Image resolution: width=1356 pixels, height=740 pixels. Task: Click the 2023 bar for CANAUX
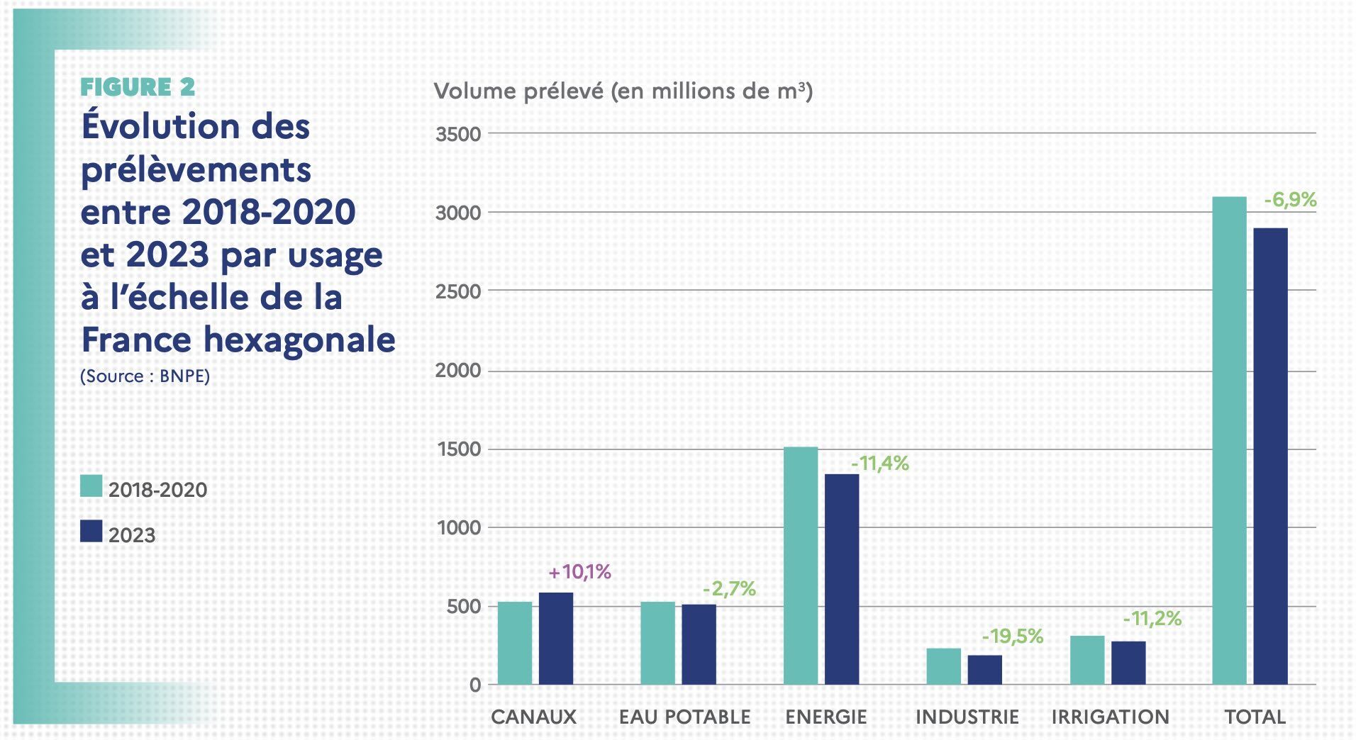pyautogui.click(x=556, y=638)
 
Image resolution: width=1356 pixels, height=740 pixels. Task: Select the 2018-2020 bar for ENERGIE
pyautogui.click(x=801, y=566)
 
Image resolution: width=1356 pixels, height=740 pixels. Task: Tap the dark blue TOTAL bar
pyautogui.click(x=1270, y=456)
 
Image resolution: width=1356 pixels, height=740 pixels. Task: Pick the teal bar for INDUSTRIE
pyautogui.click(x=944, y=666)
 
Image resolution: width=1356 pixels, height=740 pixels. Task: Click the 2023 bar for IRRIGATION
pyautogui.click(x=1128, y=663)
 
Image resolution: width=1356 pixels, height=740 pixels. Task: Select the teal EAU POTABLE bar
pyautogui.click(x=657, y=643)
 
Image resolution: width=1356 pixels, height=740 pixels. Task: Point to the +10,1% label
pyautogui.click(x=580, y=572)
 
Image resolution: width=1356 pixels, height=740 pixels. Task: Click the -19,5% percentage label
pyautogui.click(x=1012, y=637)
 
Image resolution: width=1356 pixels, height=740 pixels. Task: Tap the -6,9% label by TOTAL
pyautogui.click(x=1290, y=201)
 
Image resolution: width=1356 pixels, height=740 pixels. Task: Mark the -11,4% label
pyautogui.click(x=879, y=464)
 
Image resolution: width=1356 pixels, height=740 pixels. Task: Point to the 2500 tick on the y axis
pyautogui.click(x=458, y=291)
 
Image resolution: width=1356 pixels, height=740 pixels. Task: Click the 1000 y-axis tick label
pyautogui.click(x=458, y=528)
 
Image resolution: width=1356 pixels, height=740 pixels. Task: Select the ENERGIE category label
pyautogui.click(x=826, y=717)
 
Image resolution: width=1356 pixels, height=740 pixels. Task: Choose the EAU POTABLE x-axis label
pyautogui.click(x=684, y=717)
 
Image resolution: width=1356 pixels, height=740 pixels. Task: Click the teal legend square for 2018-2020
pyautogui.click(x=91, y=486)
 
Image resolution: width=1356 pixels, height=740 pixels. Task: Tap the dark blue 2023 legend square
pyautogui.click(x=91, y=532)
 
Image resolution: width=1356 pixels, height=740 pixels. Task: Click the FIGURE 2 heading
pyautogui.click(x=138, y=87)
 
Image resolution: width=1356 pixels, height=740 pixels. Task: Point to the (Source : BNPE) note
pyautogui.click(x=145, y=376)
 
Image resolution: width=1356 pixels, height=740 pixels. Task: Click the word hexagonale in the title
pyautogui.click(x=299, y=340)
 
